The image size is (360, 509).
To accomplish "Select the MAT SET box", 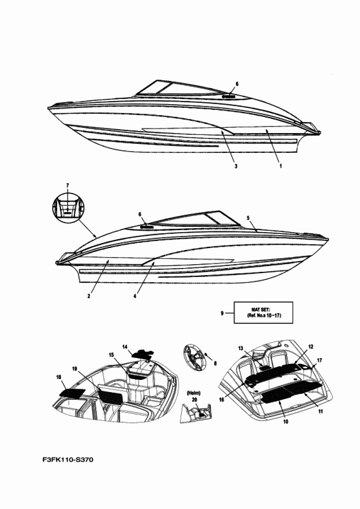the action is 264,312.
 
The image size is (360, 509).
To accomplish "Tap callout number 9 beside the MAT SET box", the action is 222,313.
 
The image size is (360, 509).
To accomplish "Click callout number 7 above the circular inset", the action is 67,185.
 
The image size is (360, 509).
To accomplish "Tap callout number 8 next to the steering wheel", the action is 215,364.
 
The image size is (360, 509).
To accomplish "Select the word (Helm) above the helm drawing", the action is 194,393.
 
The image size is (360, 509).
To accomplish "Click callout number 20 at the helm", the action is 194,399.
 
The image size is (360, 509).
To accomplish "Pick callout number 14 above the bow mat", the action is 125,346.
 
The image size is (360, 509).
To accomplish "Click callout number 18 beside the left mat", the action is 59,377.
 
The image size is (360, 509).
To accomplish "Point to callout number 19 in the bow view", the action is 75,368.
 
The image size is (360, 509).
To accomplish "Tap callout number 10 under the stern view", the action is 285,422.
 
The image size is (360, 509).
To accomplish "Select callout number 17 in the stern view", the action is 319,361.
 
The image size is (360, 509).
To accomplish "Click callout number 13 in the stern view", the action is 240,348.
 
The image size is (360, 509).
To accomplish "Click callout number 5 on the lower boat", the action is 248,218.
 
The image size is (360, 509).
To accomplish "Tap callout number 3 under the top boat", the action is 236,166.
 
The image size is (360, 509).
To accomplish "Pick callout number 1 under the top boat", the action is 280,166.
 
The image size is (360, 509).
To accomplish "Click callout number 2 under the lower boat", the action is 89,296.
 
